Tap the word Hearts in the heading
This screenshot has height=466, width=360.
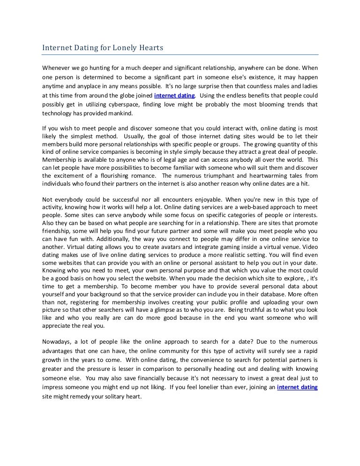151,48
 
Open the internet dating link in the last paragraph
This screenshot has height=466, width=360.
298,387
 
